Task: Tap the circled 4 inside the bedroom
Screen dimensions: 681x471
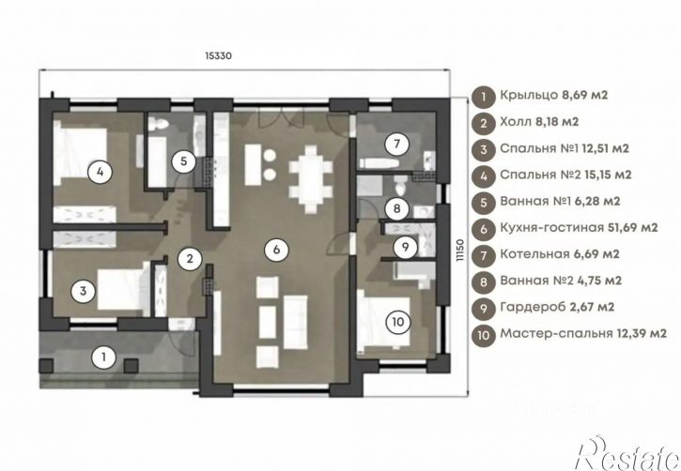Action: click(x=100, y=172)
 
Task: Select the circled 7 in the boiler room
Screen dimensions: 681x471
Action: click(x=396, y=144)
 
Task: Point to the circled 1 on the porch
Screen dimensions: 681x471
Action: click(x=103, y=357)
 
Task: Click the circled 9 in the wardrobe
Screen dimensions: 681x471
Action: click(x=405, y=247)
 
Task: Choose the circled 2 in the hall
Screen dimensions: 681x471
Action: click(x=190, y=258)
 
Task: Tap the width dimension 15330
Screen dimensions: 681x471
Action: click(x=219, y=56)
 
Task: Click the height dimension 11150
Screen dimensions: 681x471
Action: click(x=460, y=251)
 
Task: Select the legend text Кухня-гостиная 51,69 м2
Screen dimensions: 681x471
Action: click(x=579, y=227)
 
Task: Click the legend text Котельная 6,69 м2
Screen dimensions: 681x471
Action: click(x=560, y=253)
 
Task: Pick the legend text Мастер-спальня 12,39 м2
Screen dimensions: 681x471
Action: click(x=583, y=333)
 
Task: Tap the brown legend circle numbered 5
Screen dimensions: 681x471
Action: click(x=484, y=203)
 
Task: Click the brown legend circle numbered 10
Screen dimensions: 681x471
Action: click(x=484, y=335)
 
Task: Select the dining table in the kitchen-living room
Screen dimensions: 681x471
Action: click(x=311, y=179)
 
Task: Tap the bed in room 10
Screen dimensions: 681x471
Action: click(x=384, y=323)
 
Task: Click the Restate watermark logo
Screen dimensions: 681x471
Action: click(x=628, y=453)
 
